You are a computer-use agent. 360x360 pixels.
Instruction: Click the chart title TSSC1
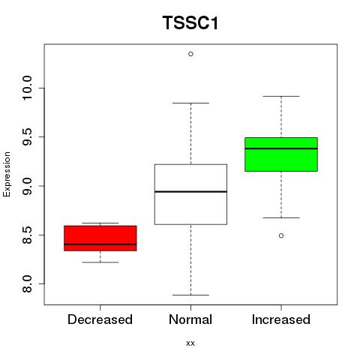190,23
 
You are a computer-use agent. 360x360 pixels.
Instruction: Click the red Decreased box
100,238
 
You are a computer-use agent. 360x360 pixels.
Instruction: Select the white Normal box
190,194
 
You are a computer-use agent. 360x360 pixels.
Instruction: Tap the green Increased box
281,154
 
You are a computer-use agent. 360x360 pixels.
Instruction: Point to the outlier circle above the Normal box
190,54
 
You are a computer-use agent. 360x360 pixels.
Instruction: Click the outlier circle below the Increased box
281,235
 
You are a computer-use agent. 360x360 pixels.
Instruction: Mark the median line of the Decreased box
100,244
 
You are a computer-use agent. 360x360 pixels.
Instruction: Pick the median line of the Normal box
190,192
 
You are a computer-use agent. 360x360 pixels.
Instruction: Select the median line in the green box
281,148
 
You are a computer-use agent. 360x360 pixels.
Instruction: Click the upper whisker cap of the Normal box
190,103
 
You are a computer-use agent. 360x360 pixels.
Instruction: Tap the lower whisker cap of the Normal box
190,295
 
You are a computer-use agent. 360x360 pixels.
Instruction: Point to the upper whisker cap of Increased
281,96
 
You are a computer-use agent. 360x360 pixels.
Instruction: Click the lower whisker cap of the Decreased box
100,262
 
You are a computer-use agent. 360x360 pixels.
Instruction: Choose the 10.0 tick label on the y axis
27,88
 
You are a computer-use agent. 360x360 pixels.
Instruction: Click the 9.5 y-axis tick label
27,137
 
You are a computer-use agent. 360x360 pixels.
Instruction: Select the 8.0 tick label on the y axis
27,284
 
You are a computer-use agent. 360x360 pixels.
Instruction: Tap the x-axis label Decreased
100,319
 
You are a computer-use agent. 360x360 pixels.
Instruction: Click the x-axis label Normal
190,319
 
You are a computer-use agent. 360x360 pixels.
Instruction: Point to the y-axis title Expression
7,174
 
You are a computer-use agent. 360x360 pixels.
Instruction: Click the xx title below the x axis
190,343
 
